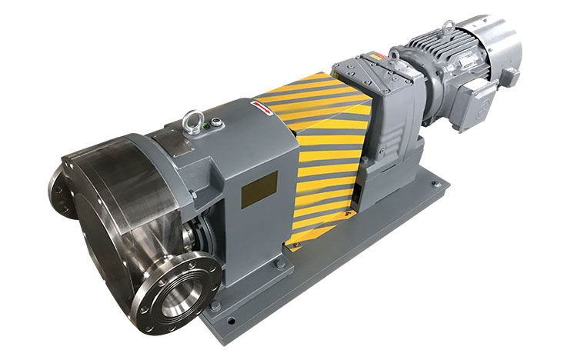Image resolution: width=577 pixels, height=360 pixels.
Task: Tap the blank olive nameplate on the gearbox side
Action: [259, 188]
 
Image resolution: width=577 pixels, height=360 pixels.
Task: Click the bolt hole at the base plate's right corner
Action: [436, 185]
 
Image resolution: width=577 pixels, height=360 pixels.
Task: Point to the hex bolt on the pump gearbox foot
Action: [280, 266]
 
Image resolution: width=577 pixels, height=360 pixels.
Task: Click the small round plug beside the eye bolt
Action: [215, 121]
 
